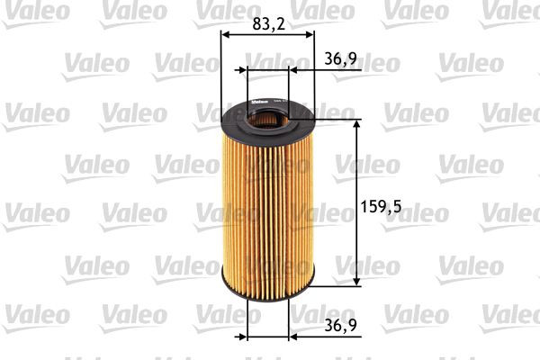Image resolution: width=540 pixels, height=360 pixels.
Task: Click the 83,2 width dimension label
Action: point(267,24)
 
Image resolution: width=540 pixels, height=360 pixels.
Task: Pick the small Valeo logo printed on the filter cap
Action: point(256,101)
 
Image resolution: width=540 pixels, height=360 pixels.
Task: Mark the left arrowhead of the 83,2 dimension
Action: point(225,35)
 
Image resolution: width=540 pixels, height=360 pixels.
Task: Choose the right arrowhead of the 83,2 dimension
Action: point(310,35)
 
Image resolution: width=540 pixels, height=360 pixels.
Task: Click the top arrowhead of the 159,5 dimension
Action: point(358,122)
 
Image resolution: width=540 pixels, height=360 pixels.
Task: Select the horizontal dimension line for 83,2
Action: point(267,35)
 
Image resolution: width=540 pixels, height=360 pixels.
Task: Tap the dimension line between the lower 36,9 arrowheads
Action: point(266,338)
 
